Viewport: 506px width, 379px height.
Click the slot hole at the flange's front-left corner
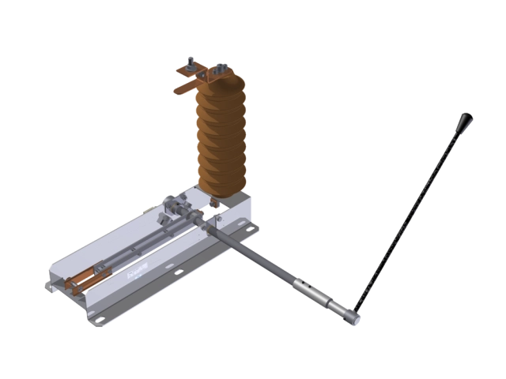[x=99, y=317]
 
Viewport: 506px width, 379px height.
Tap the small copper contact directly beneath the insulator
[x=213, y=204]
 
